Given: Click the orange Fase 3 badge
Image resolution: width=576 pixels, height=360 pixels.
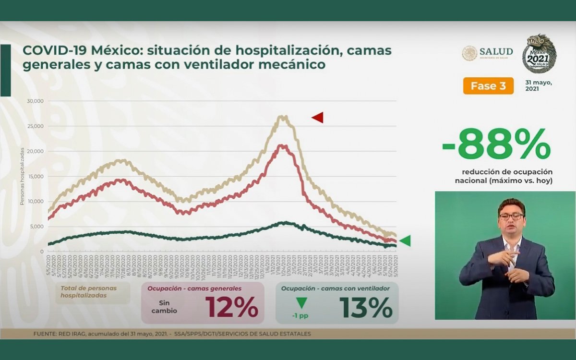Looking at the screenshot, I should click(488, 86).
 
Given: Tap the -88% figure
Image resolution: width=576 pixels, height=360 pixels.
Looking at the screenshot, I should click(496, 145).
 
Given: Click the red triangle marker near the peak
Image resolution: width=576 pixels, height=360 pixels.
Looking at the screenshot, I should click(318, 117).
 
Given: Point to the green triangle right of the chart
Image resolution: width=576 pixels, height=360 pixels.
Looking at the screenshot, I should click(405, 241).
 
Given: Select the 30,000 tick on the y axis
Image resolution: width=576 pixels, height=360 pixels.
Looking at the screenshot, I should click(36, 101).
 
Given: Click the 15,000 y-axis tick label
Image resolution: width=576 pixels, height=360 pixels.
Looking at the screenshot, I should click(36, 176).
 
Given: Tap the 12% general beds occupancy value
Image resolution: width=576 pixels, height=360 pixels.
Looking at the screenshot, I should click(232, 308).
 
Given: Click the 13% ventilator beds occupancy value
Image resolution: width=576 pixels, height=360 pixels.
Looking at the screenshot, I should click(366, 308).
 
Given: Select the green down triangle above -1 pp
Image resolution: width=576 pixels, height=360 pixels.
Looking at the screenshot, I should click(301, 303).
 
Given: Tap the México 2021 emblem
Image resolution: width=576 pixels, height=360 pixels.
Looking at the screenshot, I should click(539, 54).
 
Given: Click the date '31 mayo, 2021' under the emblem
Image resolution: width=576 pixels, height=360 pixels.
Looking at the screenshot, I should click(539, 85).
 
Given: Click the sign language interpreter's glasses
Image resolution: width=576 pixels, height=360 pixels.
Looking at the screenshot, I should click(511, 216).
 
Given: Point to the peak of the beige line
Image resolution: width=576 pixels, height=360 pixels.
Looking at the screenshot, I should click(283, 116).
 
